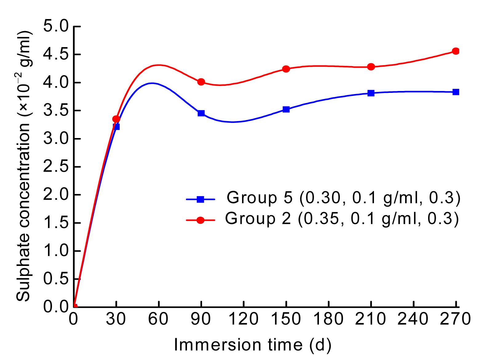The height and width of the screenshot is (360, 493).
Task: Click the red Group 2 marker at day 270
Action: pos(456,51)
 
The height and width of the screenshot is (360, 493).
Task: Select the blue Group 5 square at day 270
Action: pos(456,92)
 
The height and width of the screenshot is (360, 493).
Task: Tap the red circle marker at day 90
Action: pos(201,82)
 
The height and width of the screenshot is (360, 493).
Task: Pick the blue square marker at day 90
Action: pos(201,113)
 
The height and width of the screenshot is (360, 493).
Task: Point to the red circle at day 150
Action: pos(286,69)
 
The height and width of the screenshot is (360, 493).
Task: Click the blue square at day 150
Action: pos(286,109)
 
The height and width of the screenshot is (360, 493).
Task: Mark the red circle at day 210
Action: pos(371,67)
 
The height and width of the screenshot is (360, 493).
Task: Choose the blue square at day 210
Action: pos(371,93)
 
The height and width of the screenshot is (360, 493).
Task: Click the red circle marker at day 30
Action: pos(116,119)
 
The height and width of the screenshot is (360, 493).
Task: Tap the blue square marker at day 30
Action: pos(116,126)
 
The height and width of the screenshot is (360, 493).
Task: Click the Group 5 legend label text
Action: pos(343,198)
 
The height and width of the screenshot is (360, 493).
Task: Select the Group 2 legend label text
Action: pos(342,219)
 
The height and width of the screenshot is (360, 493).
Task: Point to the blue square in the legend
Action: pos(201,200)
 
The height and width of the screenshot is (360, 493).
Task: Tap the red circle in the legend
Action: pos(201,220)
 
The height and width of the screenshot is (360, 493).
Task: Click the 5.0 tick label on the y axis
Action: pos(55,26)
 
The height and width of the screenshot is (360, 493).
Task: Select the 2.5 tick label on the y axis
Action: pos(55,167)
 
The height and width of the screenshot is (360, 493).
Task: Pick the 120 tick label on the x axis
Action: pos(244,319)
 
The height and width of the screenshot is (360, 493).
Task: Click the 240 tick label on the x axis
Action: pos(413,319)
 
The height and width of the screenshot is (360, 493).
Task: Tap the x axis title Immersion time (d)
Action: pos(253,345)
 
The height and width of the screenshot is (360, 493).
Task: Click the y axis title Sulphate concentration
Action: pos(23,166)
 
